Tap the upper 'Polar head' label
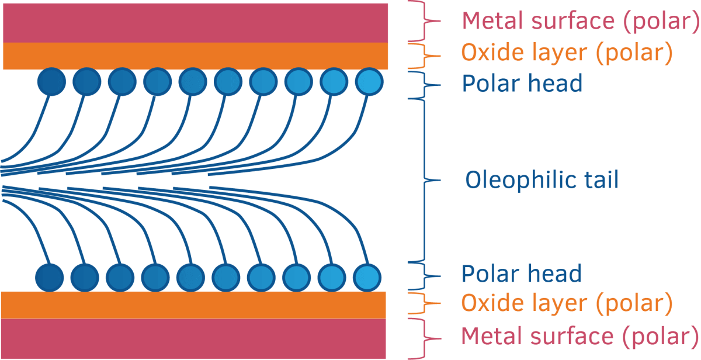click(x=522, y=84)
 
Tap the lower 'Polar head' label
click(x=522, y=274)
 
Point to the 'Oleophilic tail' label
click(x=542, y=179)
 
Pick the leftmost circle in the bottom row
click(x=50, y=276)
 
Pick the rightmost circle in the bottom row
click(x=367, y=276)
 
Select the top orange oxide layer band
click(x=196, y=56)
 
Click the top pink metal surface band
click(x=196, y=22)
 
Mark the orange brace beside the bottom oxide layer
click(x=429, y=304)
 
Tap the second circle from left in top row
click(x=87, y=81)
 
